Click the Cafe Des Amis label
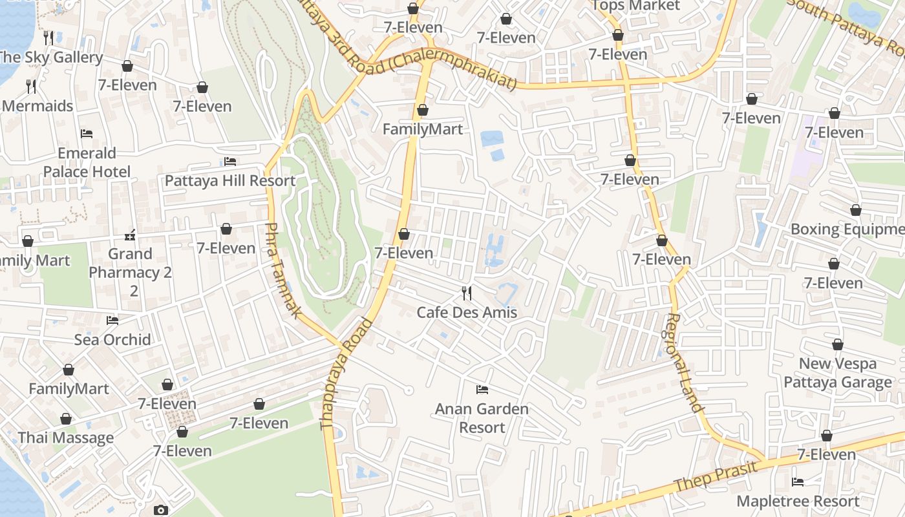click(x=467, y=313)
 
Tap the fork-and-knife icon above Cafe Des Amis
click(x=467, y=293)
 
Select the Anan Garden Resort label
click(x=482, y=418)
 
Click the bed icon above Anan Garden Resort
click(x=482, y=389)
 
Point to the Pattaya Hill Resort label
click(x=229, y=181)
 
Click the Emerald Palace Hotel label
click(x=87, y=162)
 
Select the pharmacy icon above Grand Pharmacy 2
click(x=130, y=235)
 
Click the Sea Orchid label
click(x=112, y=340)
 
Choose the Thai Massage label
click(x=66, y=438)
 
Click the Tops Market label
click(x=636, y=6)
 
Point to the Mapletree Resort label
click(x=798, y=501)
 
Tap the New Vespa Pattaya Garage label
click(x=838, y=373)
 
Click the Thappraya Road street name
click(x=346, y=374)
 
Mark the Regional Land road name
click(x=684, y=363)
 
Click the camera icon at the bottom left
click(x=161, y=511)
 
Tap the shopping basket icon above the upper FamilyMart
click(x=422, y=111)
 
